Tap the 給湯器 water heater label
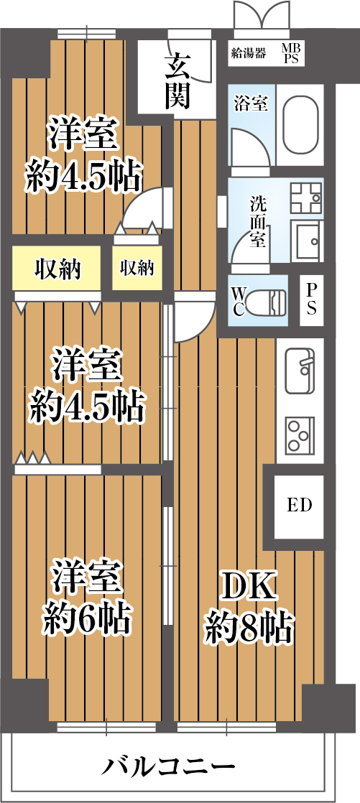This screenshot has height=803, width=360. tap(249, 52)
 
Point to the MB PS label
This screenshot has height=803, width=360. tap(291, 52)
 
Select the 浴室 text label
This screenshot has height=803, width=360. tap(251, 103)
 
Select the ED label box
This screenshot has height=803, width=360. tap(299, 505)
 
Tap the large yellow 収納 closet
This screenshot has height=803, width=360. tap(57, 269)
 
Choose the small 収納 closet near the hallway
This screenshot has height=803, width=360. tap(137, 269)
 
